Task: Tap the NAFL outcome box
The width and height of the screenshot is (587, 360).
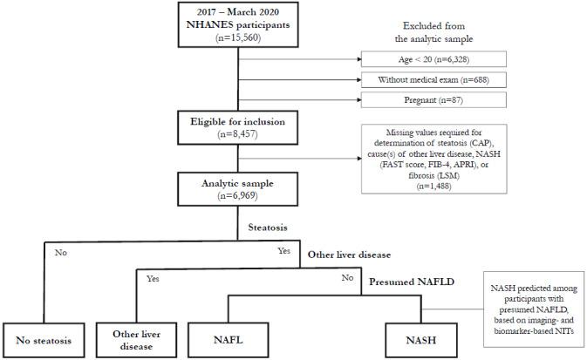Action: coord(229,337)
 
